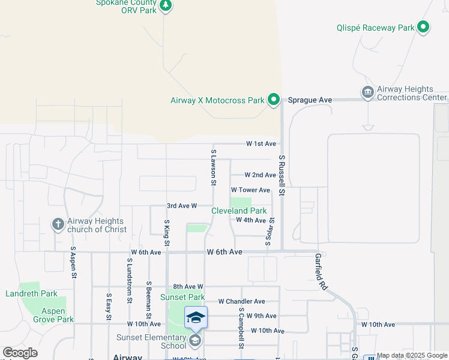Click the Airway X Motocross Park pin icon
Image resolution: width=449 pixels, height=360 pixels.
click(x=274, y=100)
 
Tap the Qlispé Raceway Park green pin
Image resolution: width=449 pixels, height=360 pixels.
click(x=423, y=28)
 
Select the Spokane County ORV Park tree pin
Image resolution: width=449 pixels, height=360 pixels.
click(x=166, y=6)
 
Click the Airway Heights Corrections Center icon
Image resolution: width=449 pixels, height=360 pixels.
click(x=367, y=92)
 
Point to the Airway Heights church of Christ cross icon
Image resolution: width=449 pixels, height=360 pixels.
click(x=58, y=224)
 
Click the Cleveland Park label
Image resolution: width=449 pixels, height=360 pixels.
click(x=239, y=211)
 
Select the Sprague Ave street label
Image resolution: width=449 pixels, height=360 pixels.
click(x=310, y=100)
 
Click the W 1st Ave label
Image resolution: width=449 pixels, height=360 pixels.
click(x=261, y=144)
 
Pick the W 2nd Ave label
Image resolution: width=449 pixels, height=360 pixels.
click(x=260, y=175)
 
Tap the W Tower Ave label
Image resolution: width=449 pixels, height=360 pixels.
click(x=251, y=190)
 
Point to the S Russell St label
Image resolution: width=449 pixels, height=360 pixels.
click(x=281, y=175)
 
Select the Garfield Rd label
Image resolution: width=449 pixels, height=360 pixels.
click(x=321, y=271)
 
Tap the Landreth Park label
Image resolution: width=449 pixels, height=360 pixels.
click(x=31, y=294)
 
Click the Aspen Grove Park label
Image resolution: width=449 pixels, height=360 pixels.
click(x=49, y=315)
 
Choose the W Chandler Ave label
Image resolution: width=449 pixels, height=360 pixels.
click(x=241, y=301)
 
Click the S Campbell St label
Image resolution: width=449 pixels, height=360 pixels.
click(x=241, y=329)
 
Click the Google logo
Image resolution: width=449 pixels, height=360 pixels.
click(x=20, y=353)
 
